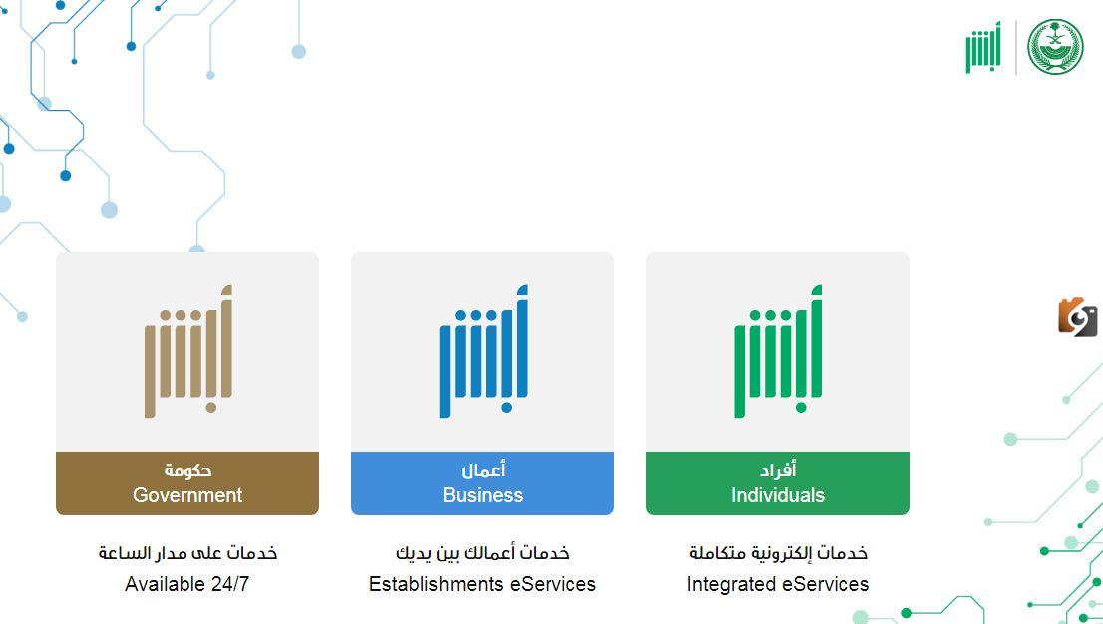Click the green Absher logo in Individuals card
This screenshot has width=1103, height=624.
778,351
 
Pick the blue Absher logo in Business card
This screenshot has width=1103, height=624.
484,351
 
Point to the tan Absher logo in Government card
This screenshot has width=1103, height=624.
188,351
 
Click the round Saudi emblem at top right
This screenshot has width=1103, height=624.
1055,47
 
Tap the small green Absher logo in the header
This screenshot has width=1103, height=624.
983,47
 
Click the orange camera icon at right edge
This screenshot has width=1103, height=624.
1078,317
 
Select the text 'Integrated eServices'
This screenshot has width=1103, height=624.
777,584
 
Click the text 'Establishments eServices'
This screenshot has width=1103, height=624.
483,584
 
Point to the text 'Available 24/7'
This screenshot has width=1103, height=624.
187,584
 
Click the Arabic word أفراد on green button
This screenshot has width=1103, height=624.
777,469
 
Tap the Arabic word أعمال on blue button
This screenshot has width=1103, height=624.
483,469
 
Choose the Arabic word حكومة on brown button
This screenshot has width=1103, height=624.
187,469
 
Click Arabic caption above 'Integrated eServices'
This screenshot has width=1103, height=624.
778,553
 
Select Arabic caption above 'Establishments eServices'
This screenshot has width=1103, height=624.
483,553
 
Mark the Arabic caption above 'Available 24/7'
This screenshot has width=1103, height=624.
187,553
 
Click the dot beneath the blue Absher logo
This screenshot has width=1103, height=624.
506,407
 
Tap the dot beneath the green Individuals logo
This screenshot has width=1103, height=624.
801,407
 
